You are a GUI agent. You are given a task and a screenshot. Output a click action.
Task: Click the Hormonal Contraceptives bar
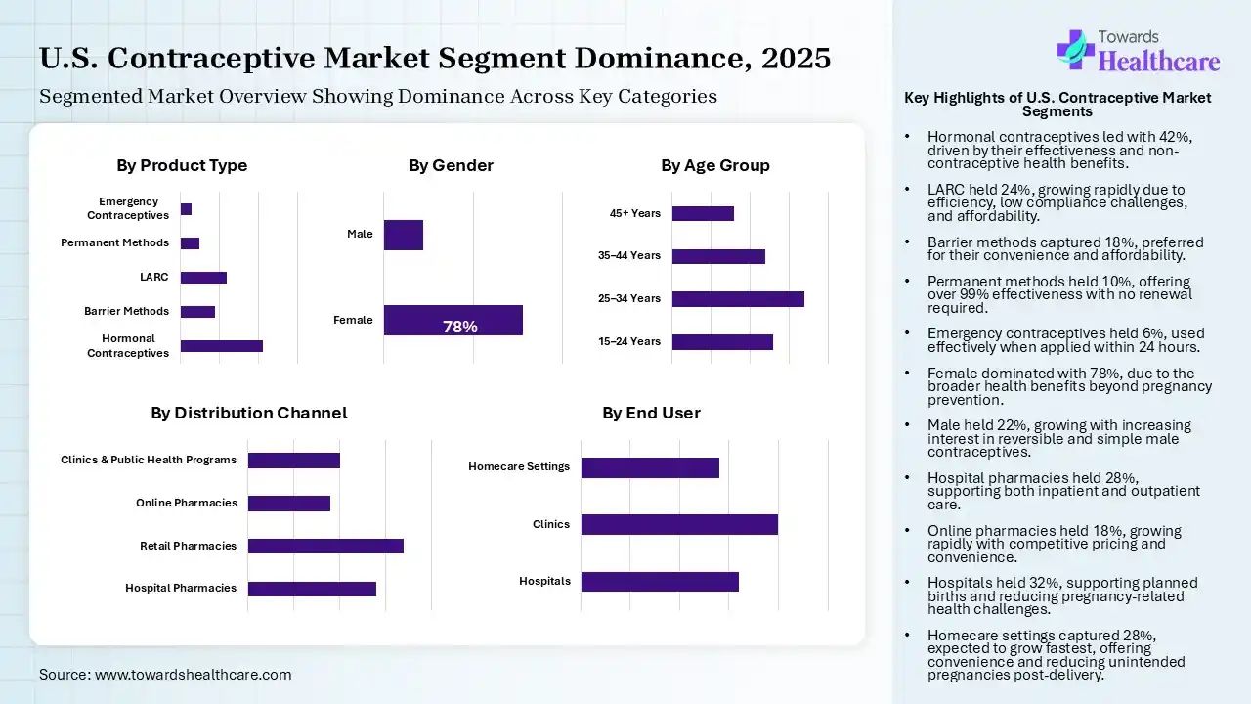[222, 345]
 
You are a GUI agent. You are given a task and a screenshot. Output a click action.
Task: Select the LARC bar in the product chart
[203, 278]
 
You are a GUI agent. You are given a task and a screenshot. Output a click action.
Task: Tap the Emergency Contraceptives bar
[186, 209]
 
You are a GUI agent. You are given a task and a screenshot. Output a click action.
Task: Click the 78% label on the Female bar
[460, 327]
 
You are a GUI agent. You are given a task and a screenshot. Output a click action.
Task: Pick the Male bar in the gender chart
[403, 235]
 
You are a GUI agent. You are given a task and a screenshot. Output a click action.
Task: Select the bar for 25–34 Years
[738, 299]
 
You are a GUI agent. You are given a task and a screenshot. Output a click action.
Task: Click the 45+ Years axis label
[635, 213]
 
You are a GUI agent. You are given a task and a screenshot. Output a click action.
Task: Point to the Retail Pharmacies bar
[325, 546]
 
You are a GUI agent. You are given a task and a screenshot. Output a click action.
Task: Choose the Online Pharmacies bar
[289, 504]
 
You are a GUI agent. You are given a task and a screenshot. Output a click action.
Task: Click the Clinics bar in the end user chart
[679, 524]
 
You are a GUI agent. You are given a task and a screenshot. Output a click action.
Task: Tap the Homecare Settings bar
[650, 467]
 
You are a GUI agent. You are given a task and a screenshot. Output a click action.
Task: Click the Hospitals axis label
[544, 581]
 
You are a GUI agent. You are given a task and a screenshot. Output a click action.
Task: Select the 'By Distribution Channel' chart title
[248, 413]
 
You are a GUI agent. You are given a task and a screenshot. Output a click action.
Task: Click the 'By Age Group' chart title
[714, 165]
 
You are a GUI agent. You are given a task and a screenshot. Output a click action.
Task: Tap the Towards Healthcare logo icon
[1075, 48]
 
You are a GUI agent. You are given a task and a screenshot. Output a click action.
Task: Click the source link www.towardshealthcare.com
[193, 674]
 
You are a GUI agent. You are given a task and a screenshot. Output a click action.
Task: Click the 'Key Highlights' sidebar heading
[1057, 105]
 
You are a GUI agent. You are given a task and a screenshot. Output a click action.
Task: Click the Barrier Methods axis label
[126, 311]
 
